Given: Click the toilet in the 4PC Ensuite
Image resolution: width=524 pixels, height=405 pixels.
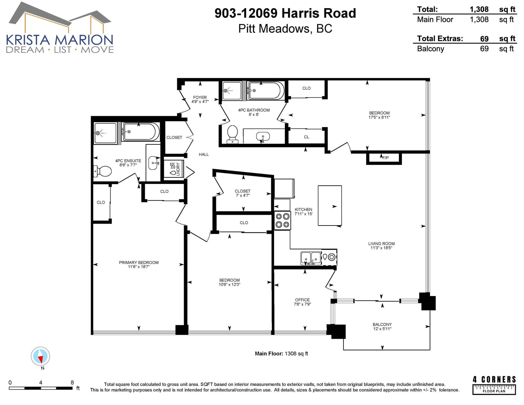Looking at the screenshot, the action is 102,171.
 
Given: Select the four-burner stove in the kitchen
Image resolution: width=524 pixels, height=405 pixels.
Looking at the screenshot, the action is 282,220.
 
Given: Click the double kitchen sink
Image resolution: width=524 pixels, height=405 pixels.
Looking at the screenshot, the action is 311,258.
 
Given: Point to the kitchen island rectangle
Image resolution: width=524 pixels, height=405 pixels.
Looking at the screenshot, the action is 330,205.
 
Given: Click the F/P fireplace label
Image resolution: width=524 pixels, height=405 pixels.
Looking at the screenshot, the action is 385,158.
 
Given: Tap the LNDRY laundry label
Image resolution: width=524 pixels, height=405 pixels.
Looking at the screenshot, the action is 178,169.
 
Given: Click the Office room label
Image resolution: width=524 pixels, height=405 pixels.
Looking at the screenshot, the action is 302,300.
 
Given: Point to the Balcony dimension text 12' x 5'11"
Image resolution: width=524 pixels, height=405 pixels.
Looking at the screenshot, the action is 382,329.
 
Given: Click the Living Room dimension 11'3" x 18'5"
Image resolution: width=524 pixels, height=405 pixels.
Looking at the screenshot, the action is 381,248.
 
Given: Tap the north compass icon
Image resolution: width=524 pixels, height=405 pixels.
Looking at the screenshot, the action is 41,356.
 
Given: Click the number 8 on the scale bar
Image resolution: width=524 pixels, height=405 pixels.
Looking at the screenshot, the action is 72,382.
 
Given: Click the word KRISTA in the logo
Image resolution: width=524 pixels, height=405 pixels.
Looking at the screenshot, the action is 28,40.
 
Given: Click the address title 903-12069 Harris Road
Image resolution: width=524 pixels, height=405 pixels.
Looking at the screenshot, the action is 285,13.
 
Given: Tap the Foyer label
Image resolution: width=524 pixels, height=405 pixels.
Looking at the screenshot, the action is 200,97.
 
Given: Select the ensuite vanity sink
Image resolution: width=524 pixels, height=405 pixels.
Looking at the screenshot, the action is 153,163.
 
